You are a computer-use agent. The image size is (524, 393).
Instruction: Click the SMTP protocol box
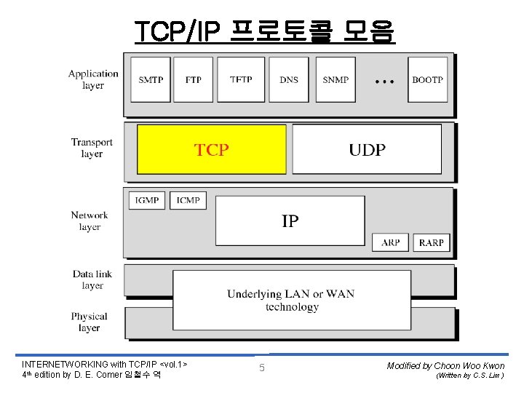tap(151, 79)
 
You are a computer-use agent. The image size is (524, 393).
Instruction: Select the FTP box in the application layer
tap(194, 79)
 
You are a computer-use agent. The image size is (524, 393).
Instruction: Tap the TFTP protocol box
tap(241, 79)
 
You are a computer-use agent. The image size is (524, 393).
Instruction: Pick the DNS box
tap(289, 79)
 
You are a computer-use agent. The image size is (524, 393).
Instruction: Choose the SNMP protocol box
tap(336, 79)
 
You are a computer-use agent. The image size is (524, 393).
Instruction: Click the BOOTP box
tap(427, 79)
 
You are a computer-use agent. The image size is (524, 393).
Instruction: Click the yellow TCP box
tap(211, 149)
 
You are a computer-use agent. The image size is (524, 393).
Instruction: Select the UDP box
tap(367, 149)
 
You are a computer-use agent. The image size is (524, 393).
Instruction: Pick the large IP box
tap(290, 221)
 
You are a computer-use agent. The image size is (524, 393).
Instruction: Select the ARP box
tap(391, 242)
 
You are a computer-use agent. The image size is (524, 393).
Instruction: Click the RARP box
tap(432, 242)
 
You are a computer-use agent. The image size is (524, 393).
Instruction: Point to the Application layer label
tap(93, 79)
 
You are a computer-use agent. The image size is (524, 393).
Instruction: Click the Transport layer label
tap(92, 148)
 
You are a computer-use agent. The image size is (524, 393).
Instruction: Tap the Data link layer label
tap(92, 279)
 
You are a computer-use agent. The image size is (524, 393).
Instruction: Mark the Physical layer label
tap(90, 322)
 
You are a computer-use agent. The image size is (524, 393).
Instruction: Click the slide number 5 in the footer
tap(262, 368)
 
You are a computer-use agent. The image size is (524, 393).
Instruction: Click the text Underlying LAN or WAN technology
tap(290, 300)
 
